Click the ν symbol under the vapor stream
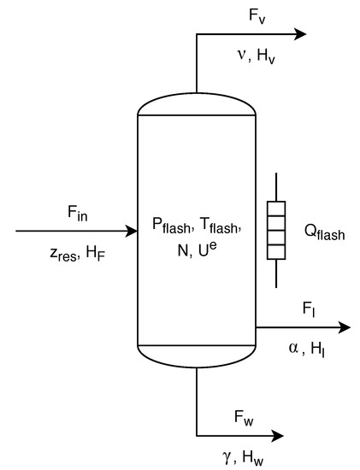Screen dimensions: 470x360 click(242, 56)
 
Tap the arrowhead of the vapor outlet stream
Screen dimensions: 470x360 click(300, 34)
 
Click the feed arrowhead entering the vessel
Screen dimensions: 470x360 click(132, 231)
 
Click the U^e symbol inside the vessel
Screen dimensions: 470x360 click(208, 249)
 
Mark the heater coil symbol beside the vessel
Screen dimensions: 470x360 click(276, 231)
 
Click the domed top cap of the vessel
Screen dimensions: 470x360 click(197, 102)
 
